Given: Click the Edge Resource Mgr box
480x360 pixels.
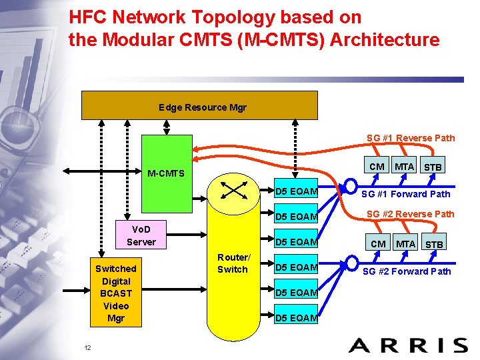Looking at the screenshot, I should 199,106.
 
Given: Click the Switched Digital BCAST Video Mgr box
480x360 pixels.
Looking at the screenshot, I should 115,293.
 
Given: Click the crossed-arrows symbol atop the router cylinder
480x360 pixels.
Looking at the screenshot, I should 234,191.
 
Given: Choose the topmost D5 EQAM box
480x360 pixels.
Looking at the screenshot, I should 297,193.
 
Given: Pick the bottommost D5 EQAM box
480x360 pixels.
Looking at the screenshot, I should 297,317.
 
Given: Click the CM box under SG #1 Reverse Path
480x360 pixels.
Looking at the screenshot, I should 377,166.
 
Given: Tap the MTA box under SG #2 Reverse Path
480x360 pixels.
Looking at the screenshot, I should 405,243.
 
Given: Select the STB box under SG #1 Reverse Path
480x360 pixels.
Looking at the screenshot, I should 434,166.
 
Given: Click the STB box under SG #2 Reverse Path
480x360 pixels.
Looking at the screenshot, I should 434,244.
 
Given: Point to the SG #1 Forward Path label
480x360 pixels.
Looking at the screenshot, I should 405,194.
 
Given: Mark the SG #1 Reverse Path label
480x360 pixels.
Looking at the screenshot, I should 411,138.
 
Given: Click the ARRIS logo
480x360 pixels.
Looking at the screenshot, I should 407,345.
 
